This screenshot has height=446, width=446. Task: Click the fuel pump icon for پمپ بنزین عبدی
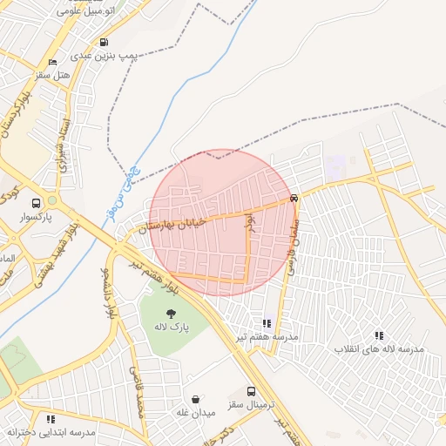[105, 42]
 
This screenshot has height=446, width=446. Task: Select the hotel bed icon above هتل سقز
[53, 63]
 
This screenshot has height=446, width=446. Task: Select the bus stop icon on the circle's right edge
[294, 198]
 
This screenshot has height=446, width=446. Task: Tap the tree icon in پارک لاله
[171, 314]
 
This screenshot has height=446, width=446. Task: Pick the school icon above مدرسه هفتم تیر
[267, 323]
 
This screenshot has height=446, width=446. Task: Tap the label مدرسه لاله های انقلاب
[379, 348]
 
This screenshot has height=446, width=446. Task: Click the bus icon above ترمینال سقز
[251, 392]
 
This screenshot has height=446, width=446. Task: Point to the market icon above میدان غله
[195, 399]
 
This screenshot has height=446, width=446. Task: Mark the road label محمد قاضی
[138, 392]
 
